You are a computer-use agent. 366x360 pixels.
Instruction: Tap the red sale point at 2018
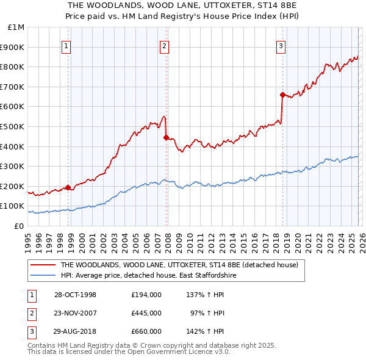[282, 95]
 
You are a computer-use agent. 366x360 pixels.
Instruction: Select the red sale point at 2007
[166, 137]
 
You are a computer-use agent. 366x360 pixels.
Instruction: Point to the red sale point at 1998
[68, 187]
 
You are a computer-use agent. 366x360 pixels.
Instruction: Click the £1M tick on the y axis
[16, 27]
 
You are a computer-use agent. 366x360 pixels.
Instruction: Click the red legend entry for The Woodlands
[179, 265]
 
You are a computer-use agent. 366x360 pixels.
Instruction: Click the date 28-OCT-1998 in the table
[75, 295]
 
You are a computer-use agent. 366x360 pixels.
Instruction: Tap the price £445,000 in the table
[146, 313]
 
